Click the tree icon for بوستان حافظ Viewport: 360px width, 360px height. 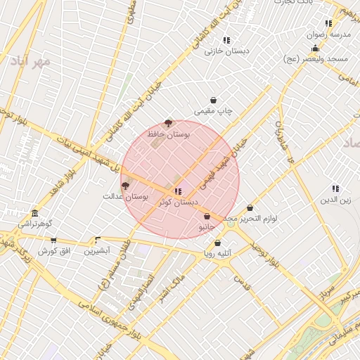167,123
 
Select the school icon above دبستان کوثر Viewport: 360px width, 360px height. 177,191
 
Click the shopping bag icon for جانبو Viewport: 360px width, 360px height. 207,217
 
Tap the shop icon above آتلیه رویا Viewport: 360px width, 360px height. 217,243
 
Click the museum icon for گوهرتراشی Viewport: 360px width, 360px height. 34,214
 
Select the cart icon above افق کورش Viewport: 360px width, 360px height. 53,240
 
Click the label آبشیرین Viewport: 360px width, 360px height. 97,250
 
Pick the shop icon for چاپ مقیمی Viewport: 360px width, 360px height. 213,101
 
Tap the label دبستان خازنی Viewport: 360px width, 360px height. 223,51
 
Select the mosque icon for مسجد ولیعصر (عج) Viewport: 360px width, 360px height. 315,49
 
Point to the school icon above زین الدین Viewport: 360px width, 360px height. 335,188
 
